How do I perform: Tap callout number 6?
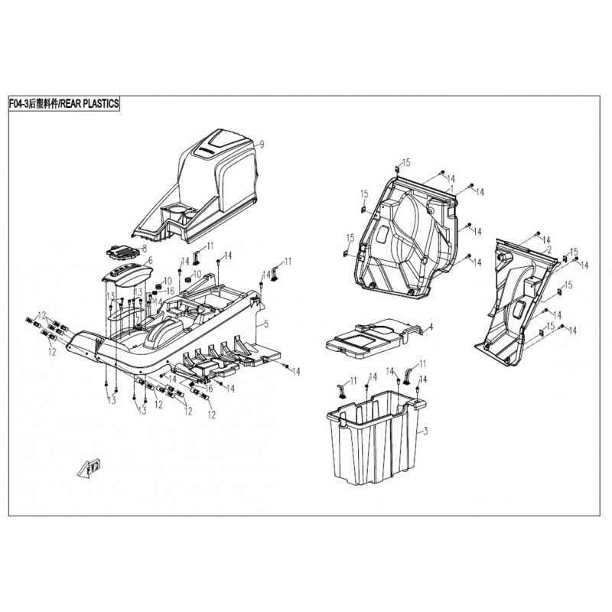[150, 260]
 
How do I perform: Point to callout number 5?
[265, 324]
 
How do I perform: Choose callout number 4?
[431, 327]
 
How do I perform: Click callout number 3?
[425, 432]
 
